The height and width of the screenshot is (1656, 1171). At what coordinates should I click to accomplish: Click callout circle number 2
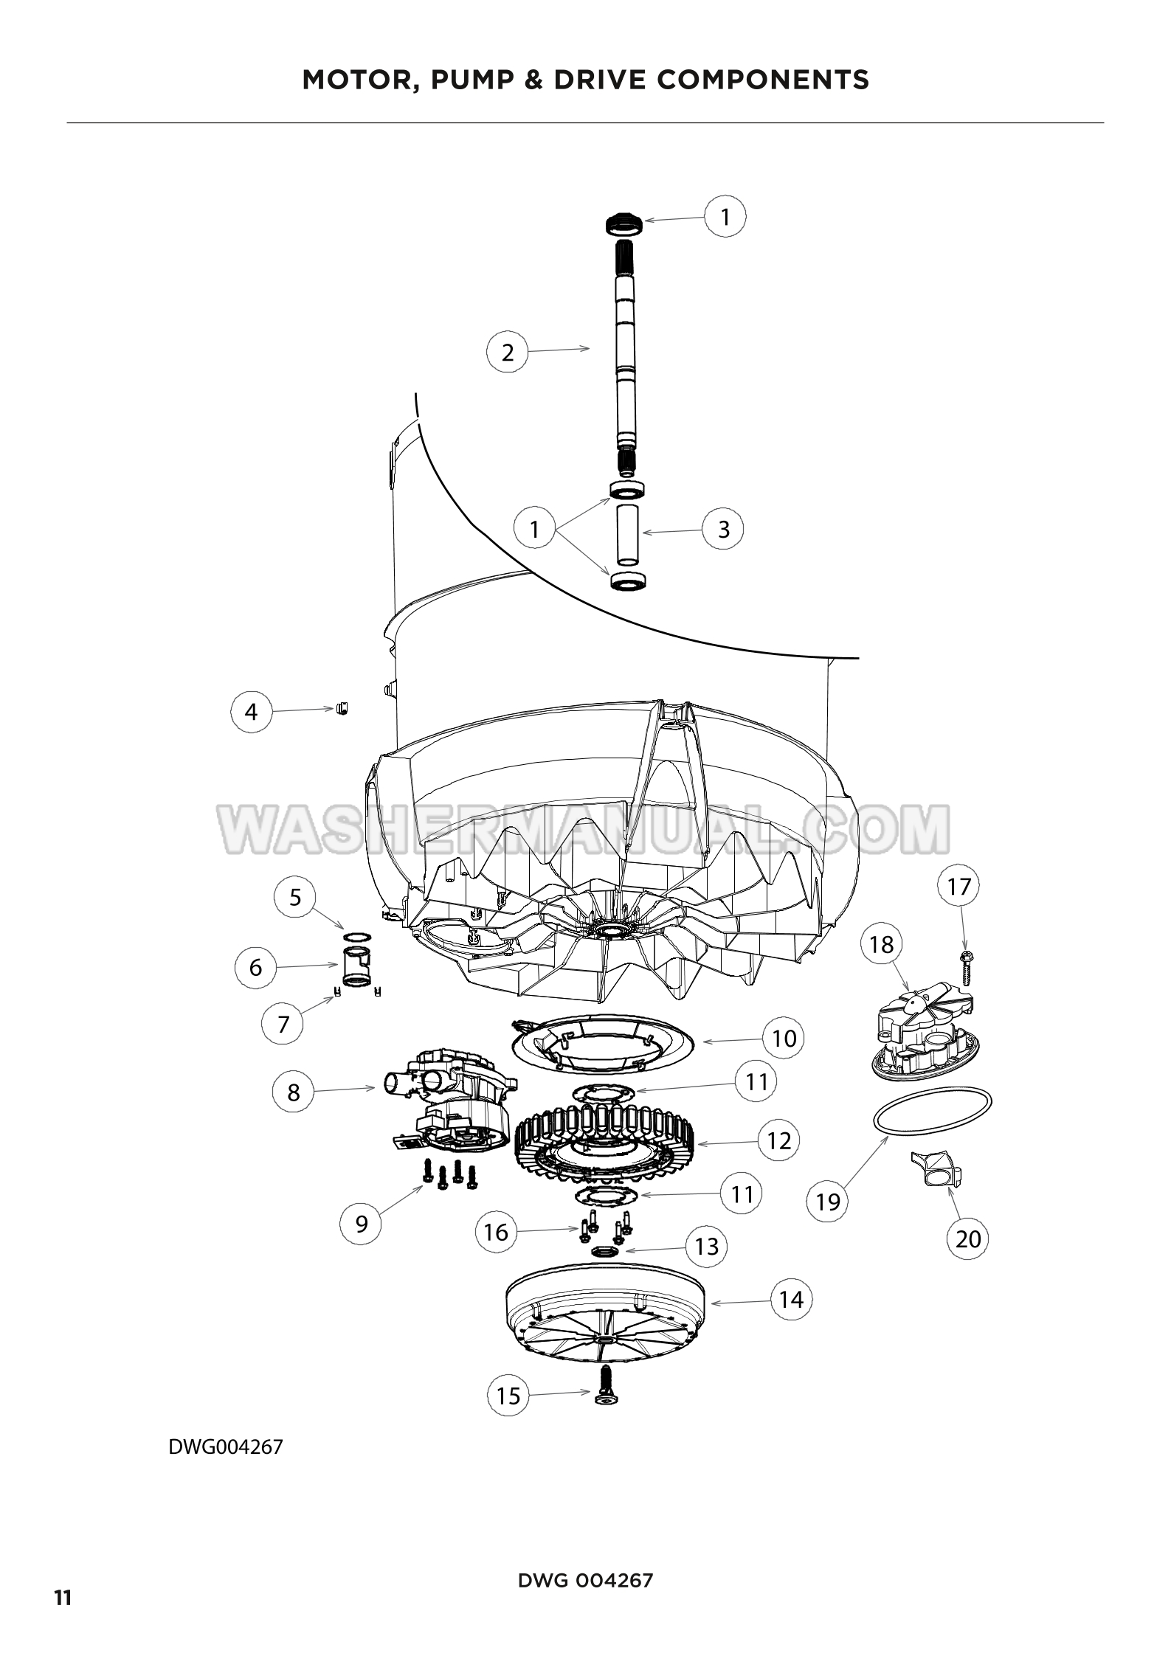508,352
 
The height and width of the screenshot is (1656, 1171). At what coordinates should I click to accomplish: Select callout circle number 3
723,529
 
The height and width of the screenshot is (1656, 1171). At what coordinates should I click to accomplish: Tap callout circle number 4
252,712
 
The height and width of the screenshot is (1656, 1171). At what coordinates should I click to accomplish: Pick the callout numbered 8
294,1092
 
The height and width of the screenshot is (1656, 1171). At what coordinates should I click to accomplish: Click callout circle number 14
791,1299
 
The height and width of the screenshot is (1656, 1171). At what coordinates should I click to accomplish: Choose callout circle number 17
958,886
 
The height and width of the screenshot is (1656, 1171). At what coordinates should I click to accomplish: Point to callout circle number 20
968,1238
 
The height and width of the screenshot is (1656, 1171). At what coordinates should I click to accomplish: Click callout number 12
779,1140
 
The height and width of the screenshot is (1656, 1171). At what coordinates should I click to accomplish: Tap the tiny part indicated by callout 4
342,708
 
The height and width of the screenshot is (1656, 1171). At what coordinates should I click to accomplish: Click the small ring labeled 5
357,937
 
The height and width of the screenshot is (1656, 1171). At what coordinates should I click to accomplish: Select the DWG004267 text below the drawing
226,1447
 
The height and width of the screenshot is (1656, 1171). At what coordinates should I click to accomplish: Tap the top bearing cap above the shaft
624,224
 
